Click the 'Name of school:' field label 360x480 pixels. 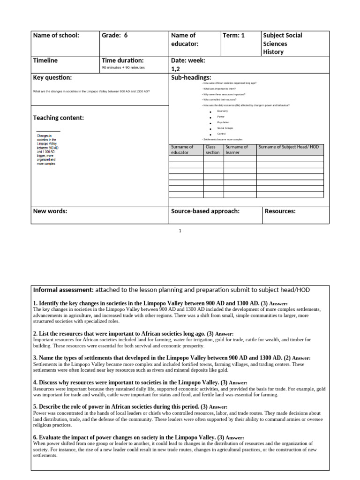tap(56, 36)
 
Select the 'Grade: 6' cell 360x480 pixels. tap(114, 36)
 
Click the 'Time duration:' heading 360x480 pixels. tap(122, 60)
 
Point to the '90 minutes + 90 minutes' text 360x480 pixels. tap(123, 67)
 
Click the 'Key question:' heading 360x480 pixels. tap(52, 77)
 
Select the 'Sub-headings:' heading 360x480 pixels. tap(191, 77)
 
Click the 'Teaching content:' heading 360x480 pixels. tap(59, 118)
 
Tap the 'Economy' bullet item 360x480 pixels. tap(222, 111)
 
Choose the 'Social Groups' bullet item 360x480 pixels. tap(225, 128)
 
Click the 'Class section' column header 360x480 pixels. tap(213, 150)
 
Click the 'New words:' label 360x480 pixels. tap(50, 211)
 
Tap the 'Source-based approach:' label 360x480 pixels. tap(205, 211)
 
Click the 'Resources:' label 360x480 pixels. tap(280, 211)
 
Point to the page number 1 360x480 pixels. tap(180, 231)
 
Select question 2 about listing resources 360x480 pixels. tap(123, 333)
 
